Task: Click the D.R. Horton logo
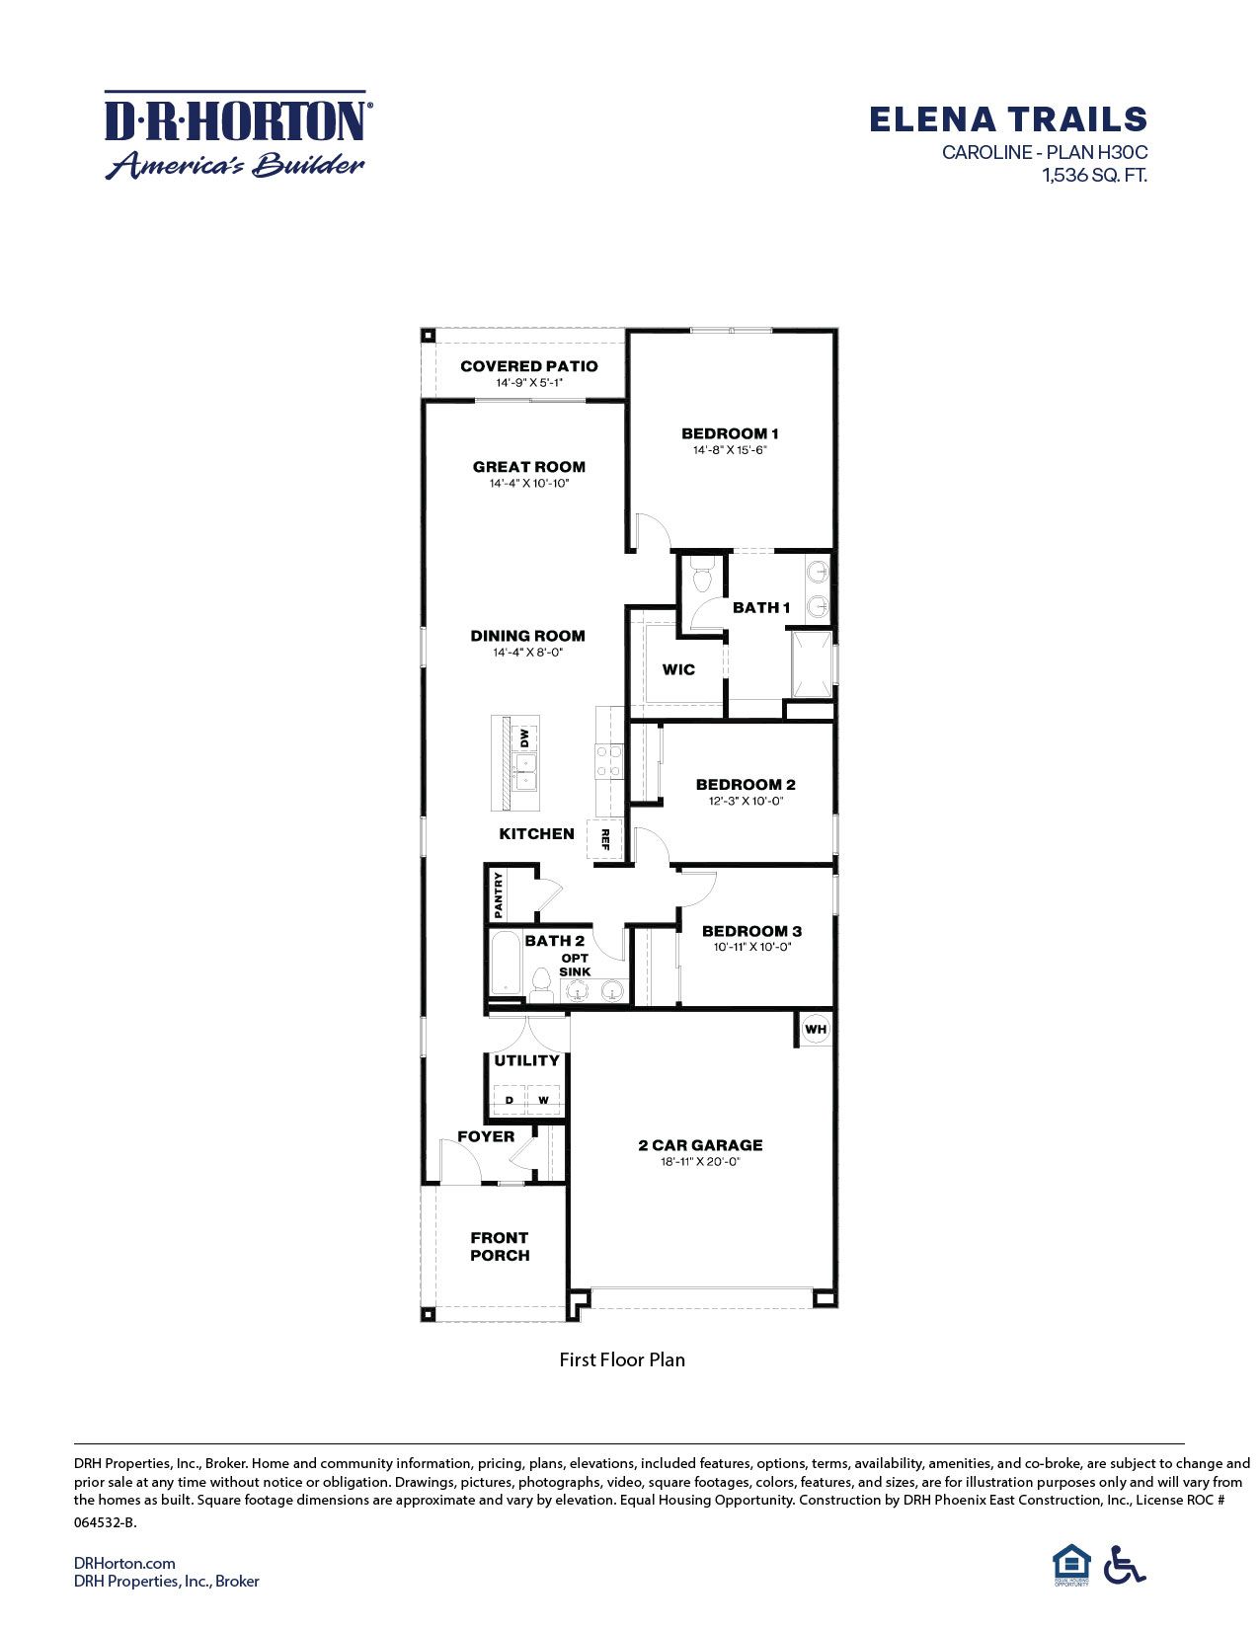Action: pyautogui.click(x=237, y=135)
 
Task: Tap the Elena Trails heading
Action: pyautogui.click(x=1007, y=119)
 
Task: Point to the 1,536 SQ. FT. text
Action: pyautogui.click(x=1094, y=176)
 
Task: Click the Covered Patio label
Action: pyautogui.click(x=528, y=366)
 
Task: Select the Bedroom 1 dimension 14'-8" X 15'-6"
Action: pyautogui.click(x=730, y=450)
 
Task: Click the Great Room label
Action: pyautogui.click(x=528, y=467)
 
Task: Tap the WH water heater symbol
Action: pyautogui.click(x=815, y=1030)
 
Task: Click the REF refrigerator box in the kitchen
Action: pyautogui.click(x=605, y=839)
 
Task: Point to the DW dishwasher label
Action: pyautogui.click(x=525, y=737)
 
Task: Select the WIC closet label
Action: pyautogui.click(x=678, y=669)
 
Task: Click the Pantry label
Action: pyautogui.click(x=499, y=892)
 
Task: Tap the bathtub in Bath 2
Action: pyautogui.click(x=505, y=963)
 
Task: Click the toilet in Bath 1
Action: pyautogui.click(x=703, y=576)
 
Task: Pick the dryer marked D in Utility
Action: pyautogui.click(x=510, y=1100)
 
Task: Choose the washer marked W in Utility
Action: pyautogui.click(x=543, y=1100)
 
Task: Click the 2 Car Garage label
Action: pyautogui.click(x=700, y=1145)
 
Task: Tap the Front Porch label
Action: pyautogui.click(x=500, y=1246)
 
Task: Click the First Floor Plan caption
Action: pyautogui.click(x=622, y=1359)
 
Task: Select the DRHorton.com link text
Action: pyautogui.click(x=124, y=1563)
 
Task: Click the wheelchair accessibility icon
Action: pyautogui.click(x=1124, y=1564)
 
